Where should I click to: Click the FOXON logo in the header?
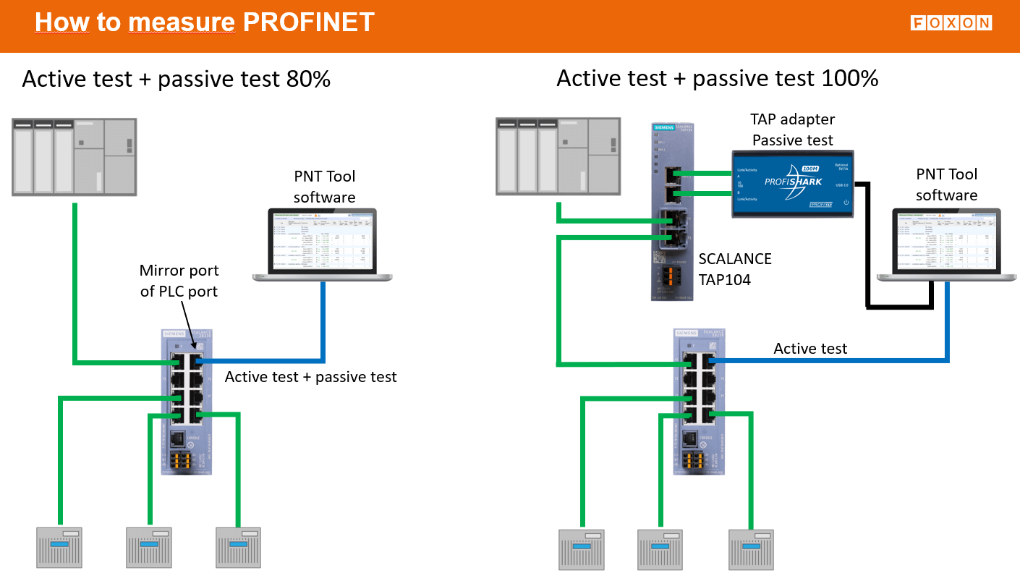click(x=951, y=23)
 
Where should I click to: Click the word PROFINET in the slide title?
click(x=308, y=22)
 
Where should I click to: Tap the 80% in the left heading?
click(x=305, y=78)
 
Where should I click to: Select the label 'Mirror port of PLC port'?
click(x=179, y=281)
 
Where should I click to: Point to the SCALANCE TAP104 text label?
click(x=735, y=268)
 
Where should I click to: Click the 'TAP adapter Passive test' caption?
click(x=792, y=130)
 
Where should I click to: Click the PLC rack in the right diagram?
click(x=557, y=157)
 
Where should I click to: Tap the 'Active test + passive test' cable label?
click(x=310, y=376)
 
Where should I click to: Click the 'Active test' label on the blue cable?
click(x=810, y=349)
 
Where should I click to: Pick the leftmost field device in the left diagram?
click(x=60, y=548)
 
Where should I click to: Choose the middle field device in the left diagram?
click(x=149, y=548)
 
